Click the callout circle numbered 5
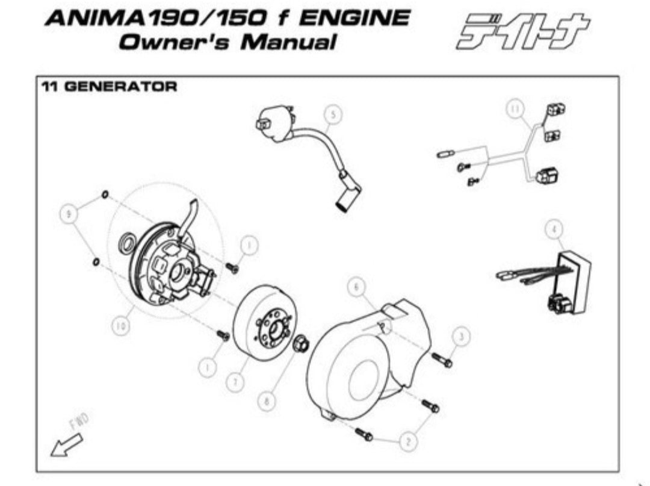[x=333, y=115]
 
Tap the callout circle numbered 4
[x=554, y=229]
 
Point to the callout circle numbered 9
[x=69, y=214]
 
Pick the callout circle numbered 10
[x=120, y=326]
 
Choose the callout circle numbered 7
[x=235, y=381]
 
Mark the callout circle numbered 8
[x=267, y=401]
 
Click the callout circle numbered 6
[x=356, y=287]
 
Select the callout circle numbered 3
[x=462, y=336]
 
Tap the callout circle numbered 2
[x=408, y=441]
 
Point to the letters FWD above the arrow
[x=79, y=422]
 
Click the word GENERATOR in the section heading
[x=121, y=87]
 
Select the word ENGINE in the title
[x=354, y=19]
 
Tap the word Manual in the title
[x=288, y=42]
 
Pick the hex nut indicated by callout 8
[x=299, y=344]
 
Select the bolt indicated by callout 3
[x=442, y=360]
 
